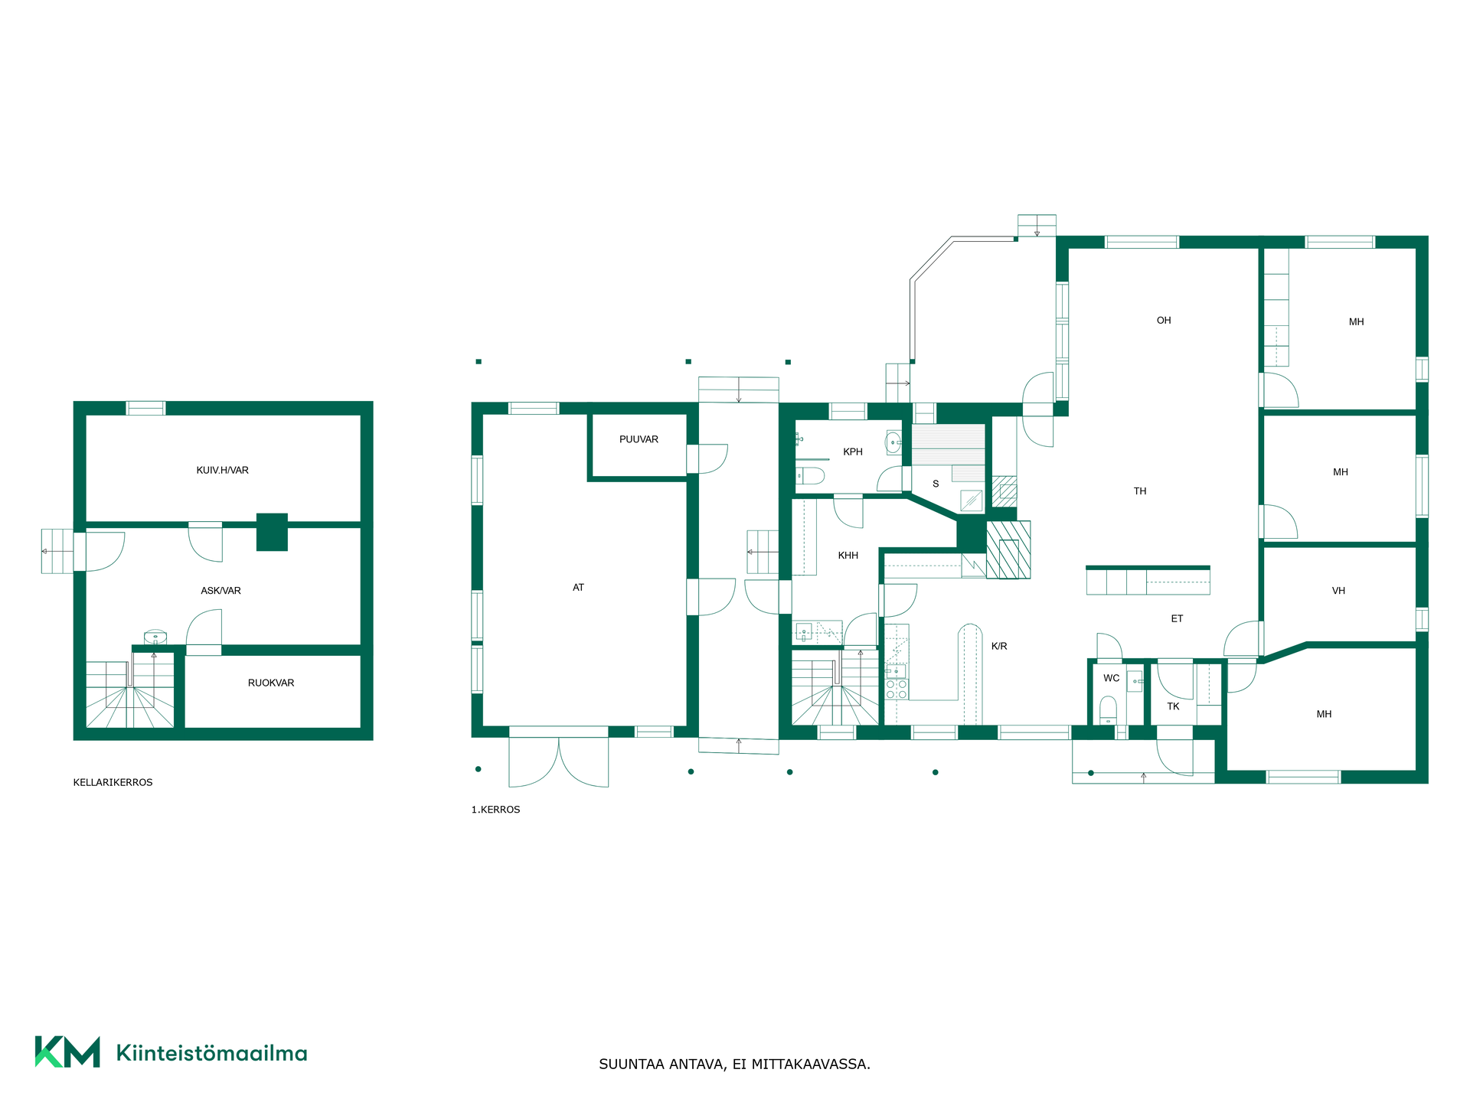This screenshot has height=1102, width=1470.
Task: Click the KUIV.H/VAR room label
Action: tap(222, 471)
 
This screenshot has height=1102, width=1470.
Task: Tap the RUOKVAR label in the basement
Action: tap(271, 683)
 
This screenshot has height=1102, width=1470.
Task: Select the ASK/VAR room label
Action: tap(220, 591)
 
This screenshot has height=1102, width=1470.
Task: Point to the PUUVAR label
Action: tap(639, 439)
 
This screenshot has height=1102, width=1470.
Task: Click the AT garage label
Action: tap(578, 588)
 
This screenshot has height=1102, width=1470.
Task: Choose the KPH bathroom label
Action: tap(852, 452)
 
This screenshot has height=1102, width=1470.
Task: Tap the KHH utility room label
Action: tap(848, 556)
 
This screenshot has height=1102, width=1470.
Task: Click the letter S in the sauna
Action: tap(936, 484)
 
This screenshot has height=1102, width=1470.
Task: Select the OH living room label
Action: tap(1164, 321)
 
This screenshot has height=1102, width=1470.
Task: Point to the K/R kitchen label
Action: tap(999, 647)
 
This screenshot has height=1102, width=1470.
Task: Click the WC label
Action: tap(1111, 678)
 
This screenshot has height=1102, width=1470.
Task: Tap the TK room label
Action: tap(1173, 706)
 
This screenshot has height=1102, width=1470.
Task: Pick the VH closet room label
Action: tap(1338, 591)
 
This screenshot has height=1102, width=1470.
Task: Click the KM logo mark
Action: tap(67, 1051)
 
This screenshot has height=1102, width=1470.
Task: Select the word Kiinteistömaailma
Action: tap(211, 1054)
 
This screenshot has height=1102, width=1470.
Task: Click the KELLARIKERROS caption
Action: tap(113, 783)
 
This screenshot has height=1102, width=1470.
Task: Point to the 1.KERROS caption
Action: tap(495, 810)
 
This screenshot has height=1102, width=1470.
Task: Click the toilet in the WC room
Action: tap(1108, 709)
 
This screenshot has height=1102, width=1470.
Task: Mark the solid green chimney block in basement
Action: tap(272, 532)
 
